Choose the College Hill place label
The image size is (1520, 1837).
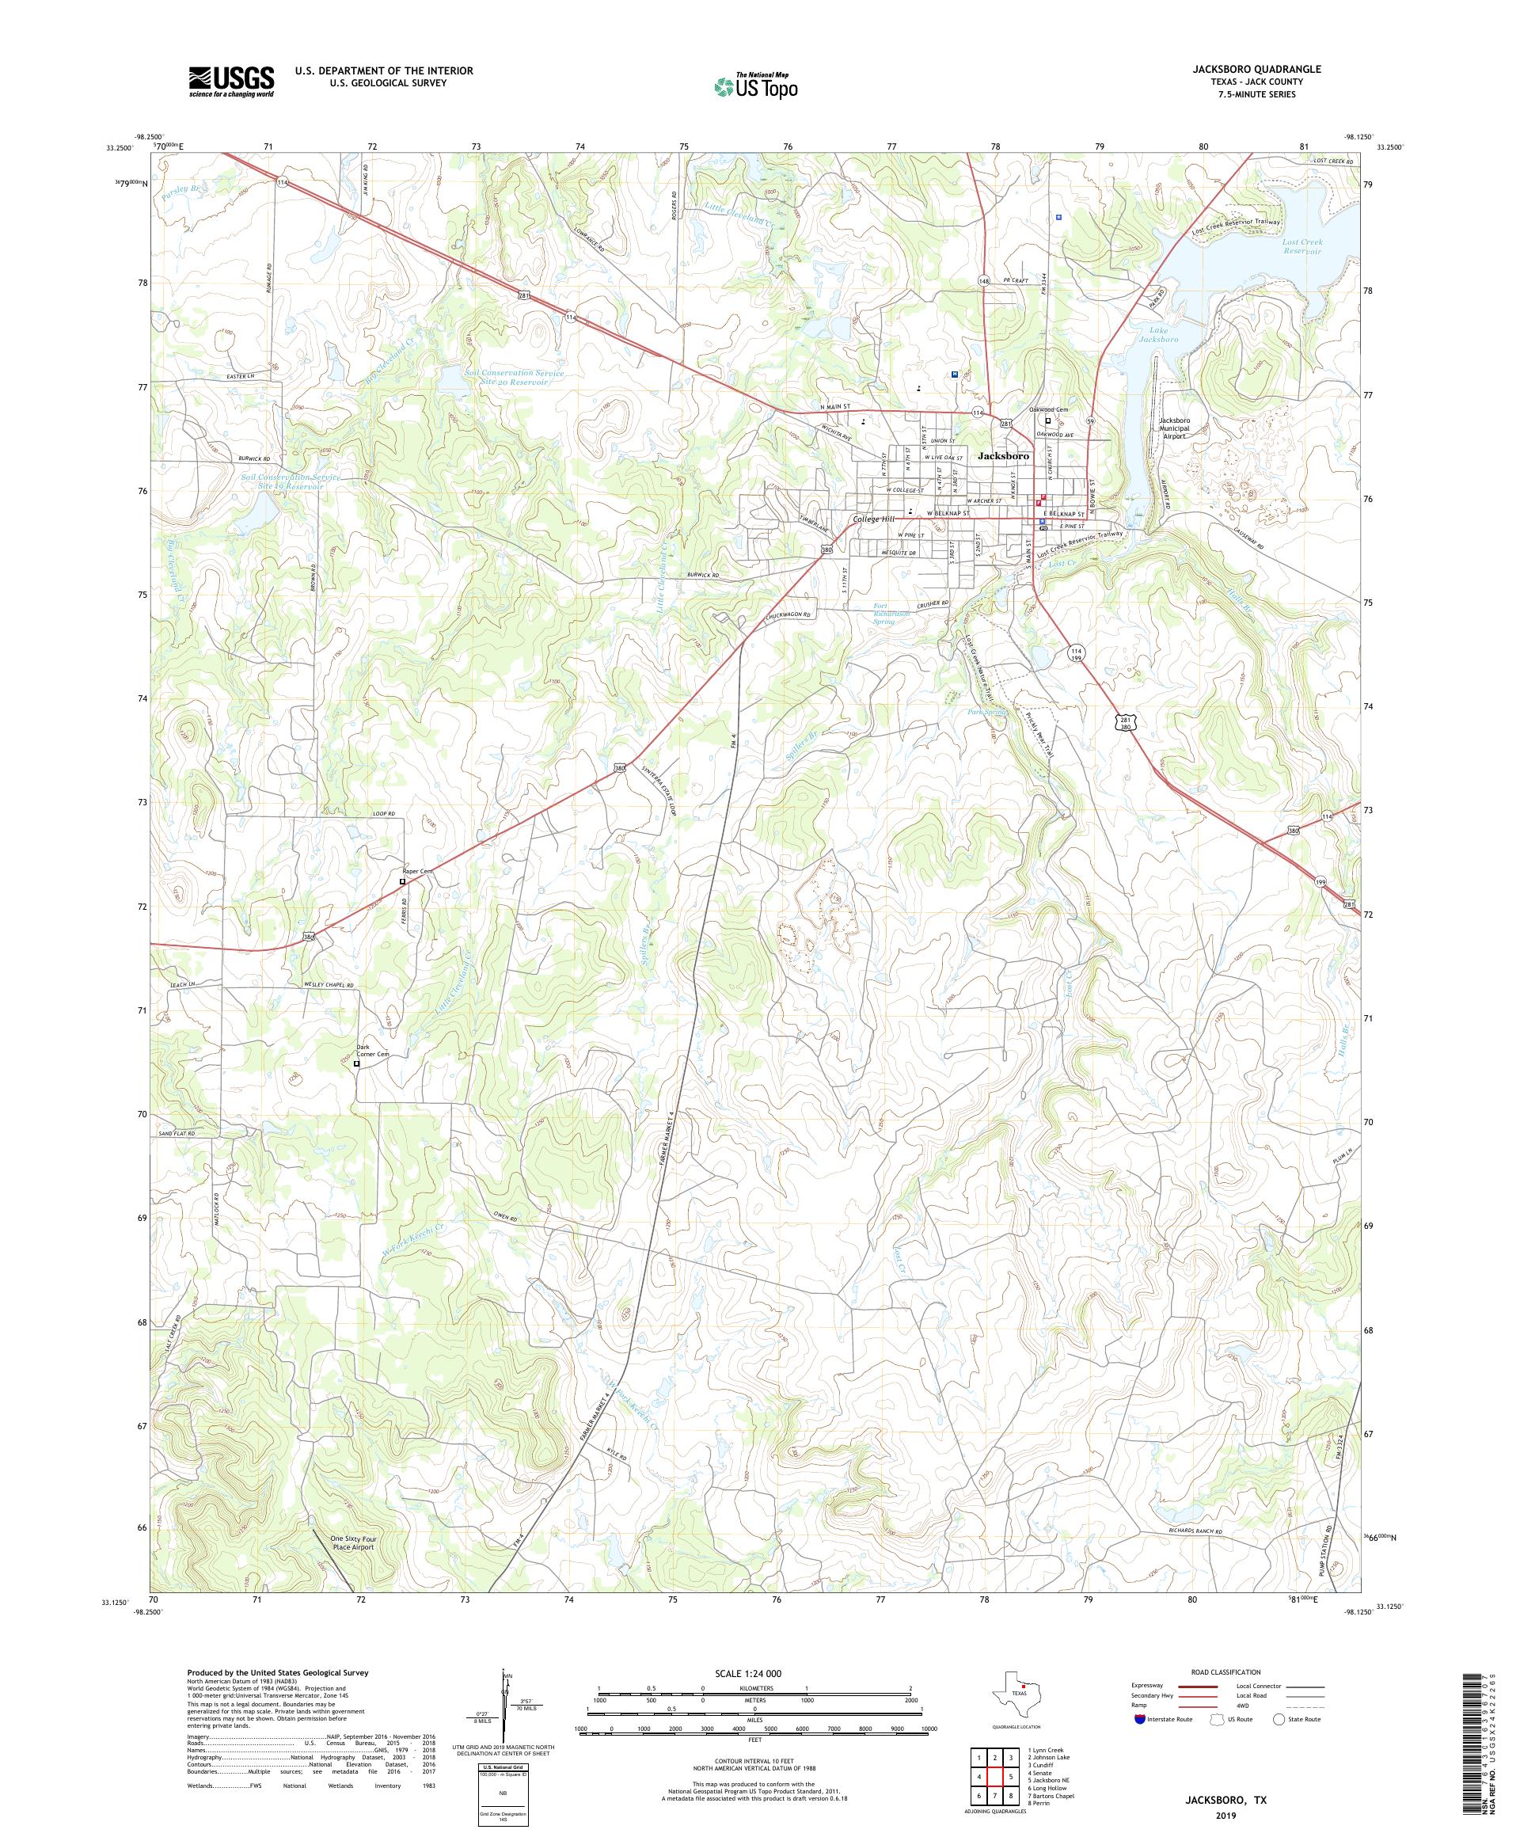coord(876,519)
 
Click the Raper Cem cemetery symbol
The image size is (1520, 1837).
coord(402,882)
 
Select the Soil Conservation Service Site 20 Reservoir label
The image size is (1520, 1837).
coord(515,377)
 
